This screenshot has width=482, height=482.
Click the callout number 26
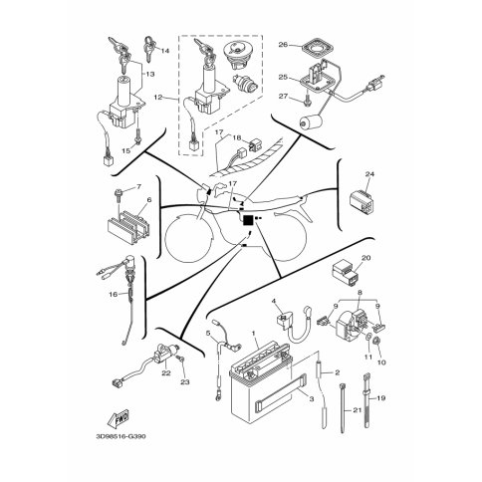pyautogui.click(x=283, y=44)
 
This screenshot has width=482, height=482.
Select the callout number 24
pyautogui.click(x=369, y=174)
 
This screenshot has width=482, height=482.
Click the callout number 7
pyautogui.click(x=138, y=187)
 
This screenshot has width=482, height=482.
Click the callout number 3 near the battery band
pyautogui.click(x=311, y=399)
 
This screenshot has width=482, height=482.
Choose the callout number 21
pyautogui.click(x=357, y=410)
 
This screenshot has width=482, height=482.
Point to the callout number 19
pyautogui.click(x=381, y=397)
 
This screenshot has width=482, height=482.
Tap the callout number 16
pyautogui.click(x=114, y=294)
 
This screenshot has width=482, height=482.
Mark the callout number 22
pyautogui.click(x=166, y=372)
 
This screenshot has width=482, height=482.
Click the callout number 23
pyautogui.click(x=185, y=382)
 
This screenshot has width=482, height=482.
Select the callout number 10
pyautogui.click(x=381, y=362)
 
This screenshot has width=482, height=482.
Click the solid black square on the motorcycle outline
pyautogui.click(x=248, y=220)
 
